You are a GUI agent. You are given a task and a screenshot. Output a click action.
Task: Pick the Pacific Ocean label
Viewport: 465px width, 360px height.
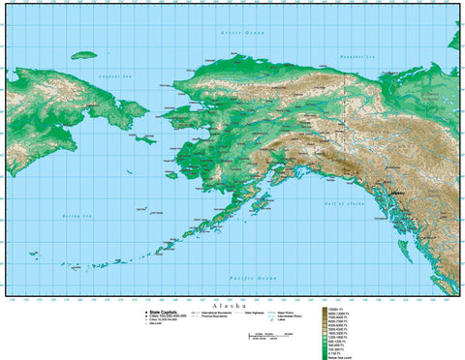[246, 278]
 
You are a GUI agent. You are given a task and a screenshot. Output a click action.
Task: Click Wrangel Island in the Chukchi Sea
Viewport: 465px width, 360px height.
[84, 55]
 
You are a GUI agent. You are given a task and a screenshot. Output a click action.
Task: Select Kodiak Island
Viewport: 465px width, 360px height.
[263, 205]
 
